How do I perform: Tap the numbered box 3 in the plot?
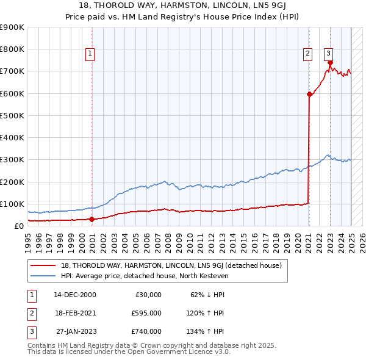point(328,52)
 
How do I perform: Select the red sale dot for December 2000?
point(91,219)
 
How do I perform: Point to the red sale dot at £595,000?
point(309,94)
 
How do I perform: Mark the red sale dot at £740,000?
point(330,62)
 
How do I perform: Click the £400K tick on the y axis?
point(12,137)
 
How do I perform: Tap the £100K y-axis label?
point(12,204)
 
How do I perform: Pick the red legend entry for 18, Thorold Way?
point(171,265)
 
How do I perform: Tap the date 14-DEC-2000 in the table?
point(74,294)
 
